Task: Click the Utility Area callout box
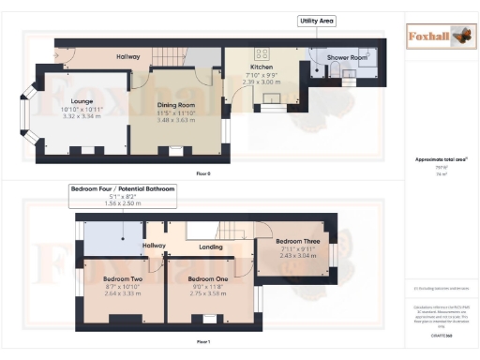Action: (x=316, y=20)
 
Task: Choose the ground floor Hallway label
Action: (x=127, y=57)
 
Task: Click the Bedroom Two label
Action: (x=118, y=278)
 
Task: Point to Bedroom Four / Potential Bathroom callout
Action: (x=122, y=189)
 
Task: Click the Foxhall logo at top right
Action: (x=435, y=37)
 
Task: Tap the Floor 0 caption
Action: (x=202, y=173)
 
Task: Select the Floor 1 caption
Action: (x=202, y=341)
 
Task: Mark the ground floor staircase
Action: (x=178, y=57)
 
